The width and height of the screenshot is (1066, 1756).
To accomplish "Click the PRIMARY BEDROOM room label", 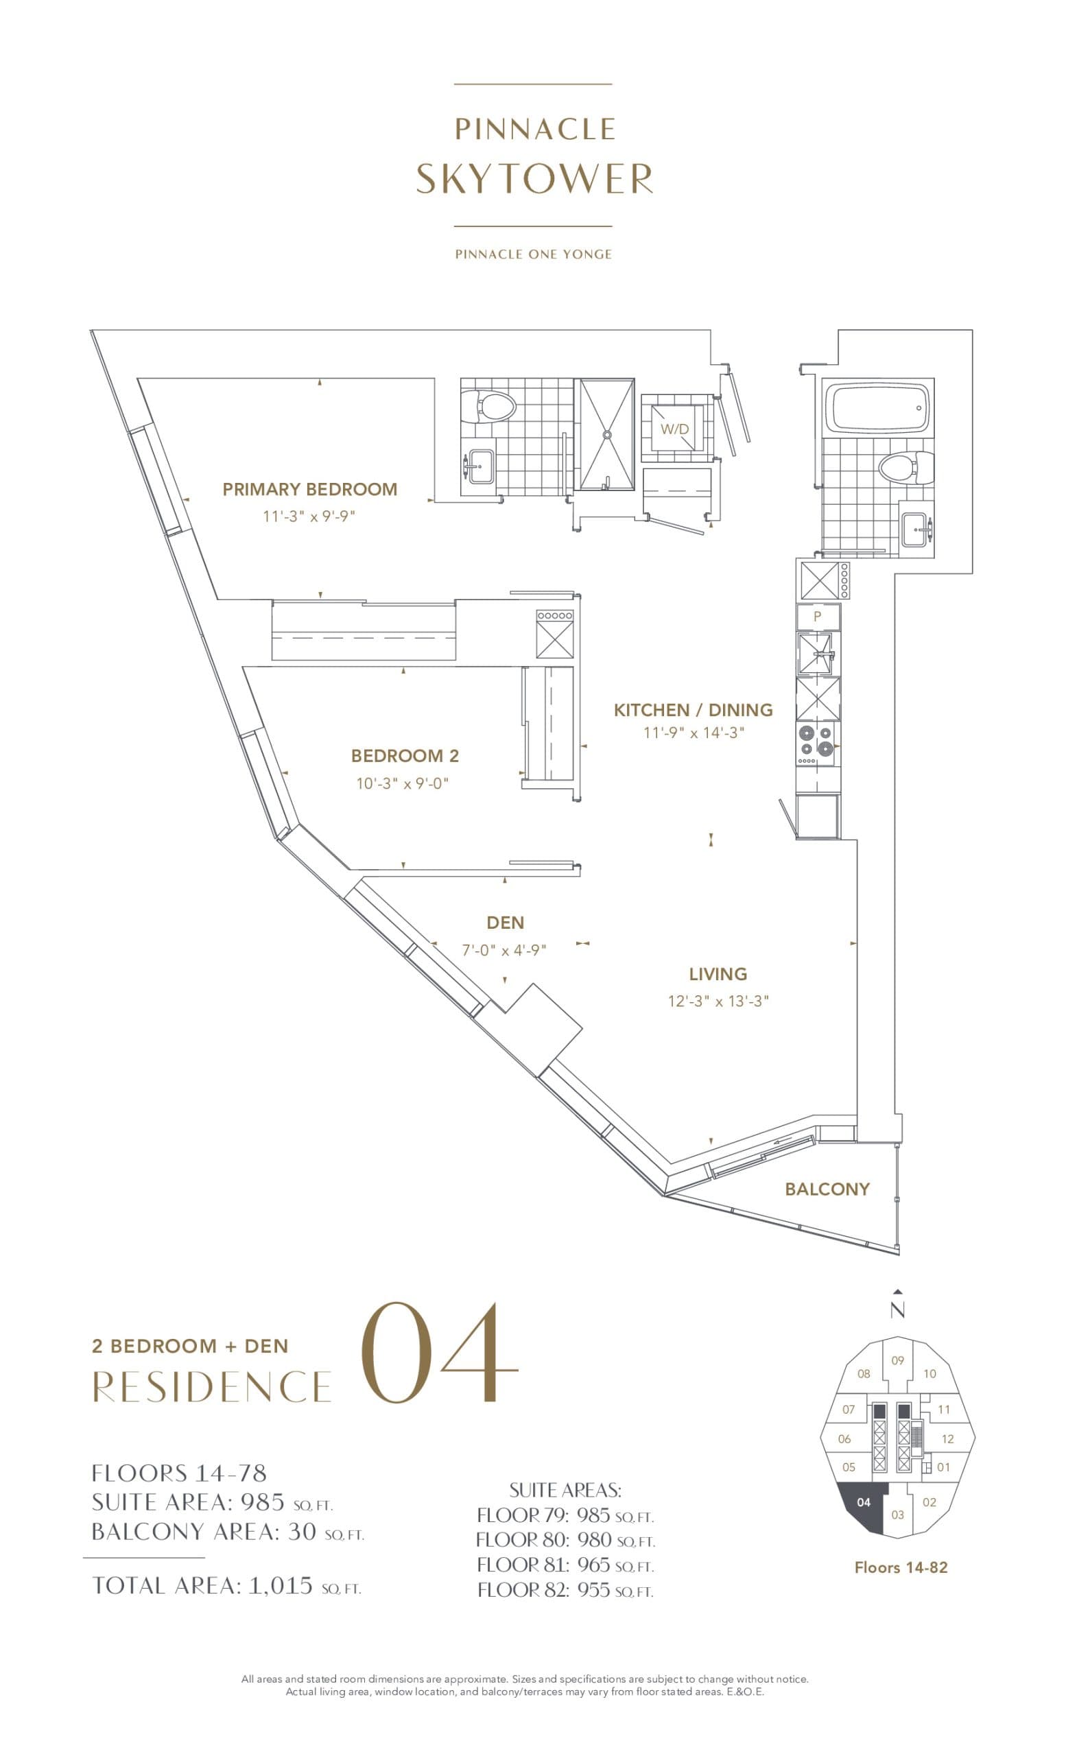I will (x=309, y=489).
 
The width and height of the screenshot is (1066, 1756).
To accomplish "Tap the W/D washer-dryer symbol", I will (x=674, y=429).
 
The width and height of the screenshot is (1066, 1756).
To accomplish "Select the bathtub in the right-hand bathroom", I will (x=877, y=407).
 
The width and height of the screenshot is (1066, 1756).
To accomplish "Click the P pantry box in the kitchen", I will (x=817, y=617).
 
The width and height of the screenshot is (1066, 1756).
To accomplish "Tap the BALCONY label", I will (x=827, y=1189).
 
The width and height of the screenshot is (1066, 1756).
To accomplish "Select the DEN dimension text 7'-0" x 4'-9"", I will (x=504, y=950).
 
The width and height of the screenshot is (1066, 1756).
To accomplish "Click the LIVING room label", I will (x=718, y=973).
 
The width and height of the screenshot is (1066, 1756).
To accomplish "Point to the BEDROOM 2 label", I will (x=405, y=755).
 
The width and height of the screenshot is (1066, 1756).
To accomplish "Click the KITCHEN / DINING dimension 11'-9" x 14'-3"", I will (x=694, y=733).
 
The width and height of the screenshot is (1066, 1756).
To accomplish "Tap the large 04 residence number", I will (x=438, y=1354).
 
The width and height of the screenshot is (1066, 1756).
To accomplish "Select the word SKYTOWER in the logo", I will (x=534, y=178).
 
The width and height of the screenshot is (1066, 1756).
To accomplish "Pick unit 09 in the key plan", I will (x=897, y=1360).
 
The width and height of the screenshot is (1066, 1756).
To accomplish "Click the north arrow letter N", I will (x=897, y=1310).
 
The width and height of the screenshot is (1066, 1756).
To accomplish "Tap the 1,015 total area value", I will (x=280, y=1585).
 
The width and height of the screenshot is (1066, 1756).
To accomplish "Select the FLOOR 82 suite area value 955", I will (x=593, y=1589).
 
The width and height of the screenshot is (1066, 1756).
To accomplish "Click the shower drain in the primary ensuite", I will (x=606, y=434).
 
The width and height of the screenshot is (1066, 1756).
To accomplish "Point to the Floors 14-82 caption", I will (x=901, y=1567).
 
